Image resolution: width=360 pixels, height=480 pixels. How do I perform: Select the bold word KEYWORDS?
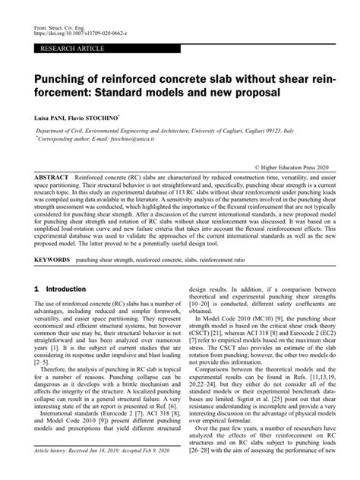point(53,260)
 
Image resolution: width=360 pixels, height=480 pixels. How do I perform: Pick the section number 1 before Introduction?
point(37,289)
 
